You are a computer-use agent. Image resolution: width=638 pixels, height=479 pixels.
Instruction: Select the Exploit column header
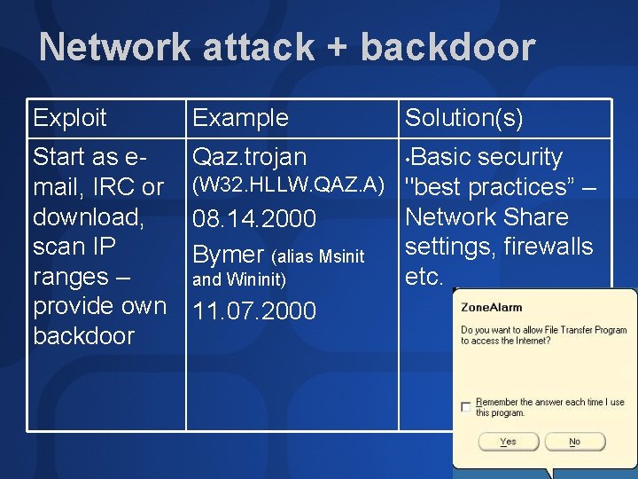coord(69,117)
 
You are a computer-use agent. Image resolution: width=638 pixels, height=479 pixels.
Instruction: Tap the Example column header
coord(240,117)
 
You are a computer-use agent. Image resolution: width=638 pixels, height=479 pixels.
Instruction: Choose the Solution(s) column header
coord(463,117)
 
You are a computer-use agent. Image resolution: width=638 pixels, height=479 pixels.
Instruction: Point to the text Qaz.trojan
coord(249,157)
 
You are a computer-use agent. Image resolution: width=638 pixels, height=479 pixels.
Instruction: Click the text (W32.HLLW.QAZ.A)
coord(288,185)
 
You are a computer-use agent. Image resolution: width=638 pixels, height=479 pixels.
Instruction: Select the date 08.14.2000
coord(254,218)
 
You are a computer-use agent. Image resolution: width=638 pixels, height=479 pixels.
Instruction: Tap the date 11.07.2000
coord(254,311)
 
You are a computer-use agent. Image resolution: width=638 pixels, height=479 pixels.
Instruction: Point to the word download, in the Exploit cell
coord(88,217)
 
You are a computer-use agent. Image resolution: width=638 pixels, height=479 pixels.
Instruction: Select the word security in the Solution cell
coord(519,157)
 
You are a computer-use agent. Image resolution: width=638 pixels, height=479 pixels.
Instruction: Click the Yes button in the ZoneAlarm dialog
coord(508,441)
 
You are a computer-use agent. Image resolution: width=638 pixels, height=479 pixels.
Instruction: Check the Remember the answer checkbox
coord(466,407)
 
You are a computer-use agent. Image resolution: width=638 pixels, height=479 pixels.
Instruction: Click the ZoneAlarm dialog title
coord(491,307)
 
